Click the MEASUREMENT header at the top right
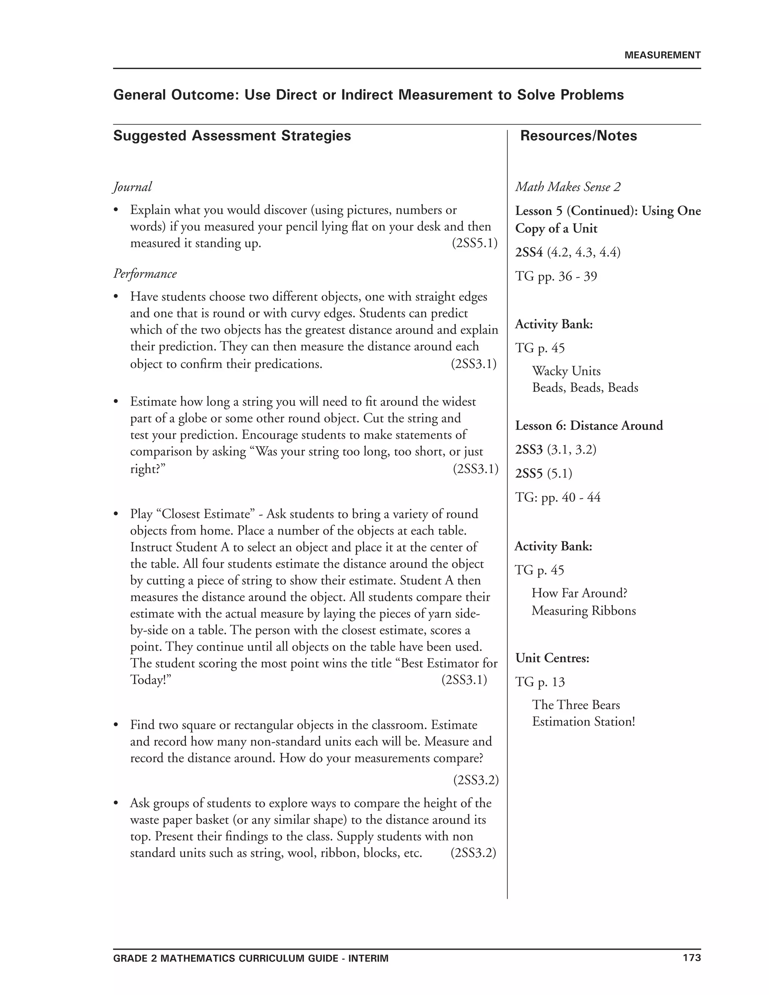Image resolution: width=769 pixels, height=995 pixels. [662, 55]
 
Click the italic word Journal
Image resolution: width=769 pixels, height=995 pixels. [132, 187]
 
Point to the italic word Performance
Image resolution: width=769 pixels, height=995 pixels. [145, 273]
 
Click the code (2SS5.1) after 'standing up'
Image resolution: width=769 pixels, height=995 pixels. [474, 243]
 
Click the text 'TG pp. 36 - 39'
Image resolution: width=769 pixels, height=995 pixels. [556, 276]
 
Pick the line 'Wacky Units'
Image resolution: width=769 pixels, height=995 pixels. [566, 371]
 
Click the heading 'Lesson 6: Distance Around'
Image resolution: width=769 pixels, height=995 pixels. [589, 425]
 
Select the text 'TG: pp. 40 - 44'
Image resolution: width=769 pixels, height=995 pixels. [558, 497]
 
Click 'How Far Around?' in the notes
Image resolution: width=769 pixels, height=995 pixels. [579, 593]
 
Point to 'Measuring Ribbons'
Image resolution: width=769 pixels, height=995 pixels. [583, 610]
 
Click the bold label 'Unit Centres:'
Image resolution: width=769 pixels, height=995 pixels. [552, 658]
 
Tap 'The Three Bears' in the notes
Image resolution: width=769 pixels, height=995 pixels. [576, 705]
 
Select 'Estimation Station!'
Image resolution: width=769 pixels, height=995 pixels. [583, 722]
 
